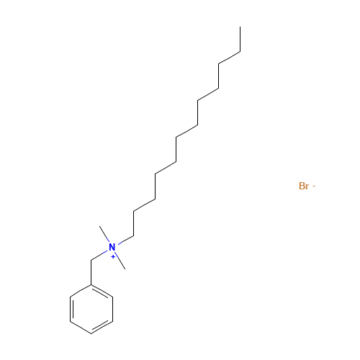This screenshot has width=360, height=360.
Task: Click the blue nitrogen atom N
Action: [112, 247]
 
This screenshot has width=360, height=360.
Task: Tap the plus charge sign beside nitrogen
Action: [113, 257]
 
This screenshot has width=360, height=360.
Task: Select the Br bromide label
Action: [304, 186]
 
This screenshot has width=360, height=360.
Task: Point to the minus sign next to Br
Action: [314, 186]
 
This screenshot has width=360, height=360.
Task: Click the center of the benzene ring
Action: [91, 309]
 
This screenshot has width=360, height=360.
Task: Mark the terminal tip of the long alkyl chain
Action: [240, 27]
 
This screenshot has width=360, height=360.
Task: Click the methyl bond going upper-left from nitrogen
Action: [104, 234]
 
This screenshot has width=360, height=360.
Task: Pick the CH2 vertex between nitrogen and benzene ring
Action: [91, 260]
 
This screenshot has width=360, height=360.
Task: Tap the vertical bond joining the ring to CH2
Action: [91, 272]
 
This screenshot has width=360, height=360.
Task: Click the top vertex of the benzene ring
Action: [91, 285]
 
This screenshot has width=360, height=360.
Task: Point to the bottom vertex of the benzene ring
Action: [91, 333]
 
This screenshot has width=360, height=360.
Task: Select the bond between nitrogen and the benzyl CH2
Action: [99, 256]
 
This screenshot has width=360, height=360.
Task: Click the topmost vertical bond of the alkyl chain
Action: [240, 39]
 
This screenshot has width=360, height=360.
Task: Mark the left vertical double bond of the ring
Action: [71, 309]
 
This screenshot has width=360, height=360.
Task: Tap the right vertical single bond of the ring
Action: [112, 309]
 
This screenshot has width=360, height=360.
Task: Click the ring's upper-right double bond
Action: [102, 292]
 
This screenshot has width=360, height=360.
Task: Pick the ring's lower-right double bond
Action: [102, 326]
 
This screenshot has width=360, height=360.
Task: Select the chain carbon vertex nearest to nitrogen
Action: [134, 235]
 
